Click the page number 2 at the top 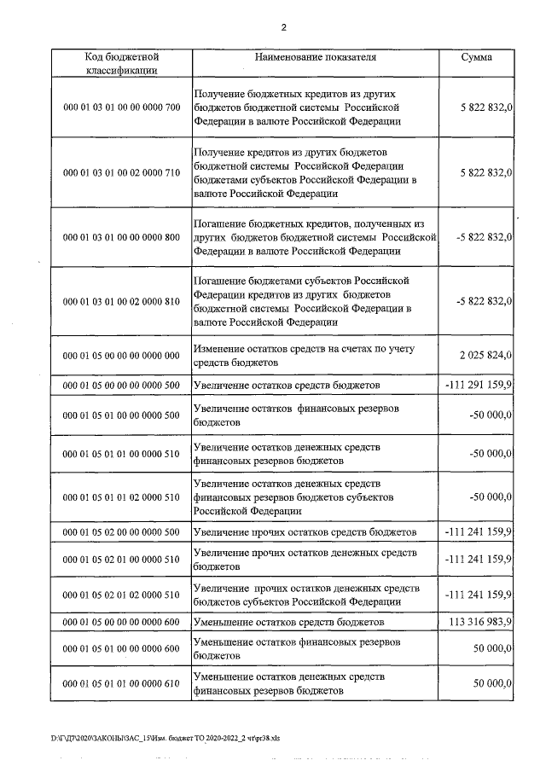pos(283,27)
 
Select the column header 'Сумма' pos(476,57)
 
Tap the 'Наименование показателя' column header pos(316,57)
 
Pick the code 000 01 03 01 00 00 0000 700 pos(122,107)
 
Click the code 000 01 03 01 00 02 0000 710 pos(122,172)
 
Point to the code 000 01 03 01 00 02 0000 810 pos(122,302)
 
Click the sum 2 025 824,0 pos(484,355)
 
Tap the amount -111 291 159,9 pos(479,386)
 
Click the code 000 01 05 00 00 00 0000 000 pos(122,355)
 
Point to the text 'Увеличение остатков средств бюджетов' pos(286,386)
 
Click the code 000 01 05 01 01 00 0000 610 pos(122,684)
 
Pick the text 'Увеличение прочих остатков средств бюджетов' pos(305,532)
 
